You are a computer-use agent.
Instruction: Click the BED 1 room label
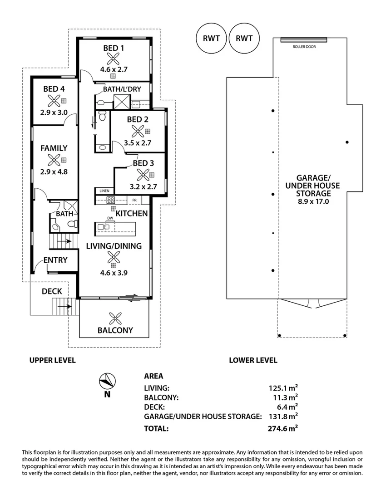[113, 48]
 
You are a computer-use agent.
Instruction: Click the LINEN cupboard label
[104, 191]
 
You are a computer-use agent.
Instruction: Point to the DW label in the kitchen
[109, 218]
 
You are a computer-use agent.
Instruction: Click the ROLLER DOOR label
[303, 46]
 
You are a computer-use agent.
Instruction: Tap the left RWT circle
[211, 38]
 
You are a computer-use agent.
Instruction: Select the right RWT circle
[244, 38]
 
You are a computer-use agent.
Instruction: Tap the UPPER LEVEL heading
[52, 360]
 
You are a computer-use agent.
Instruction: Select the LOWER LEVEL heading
[253, 360]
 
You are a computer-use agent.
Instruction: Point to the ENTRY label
[55, 260]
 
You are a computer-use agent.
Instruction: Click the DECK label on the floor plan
[51, 291]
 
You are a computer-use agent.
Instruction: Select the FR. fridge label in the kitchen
[135, 200]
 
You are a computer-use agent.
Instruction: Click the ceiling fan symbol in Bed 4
[54, 101]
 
